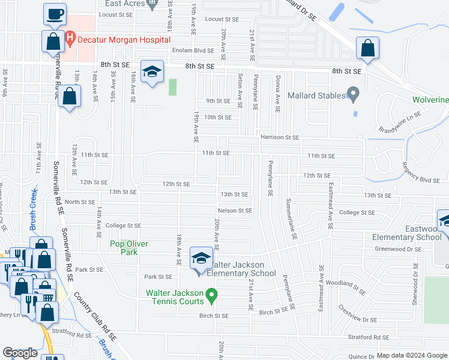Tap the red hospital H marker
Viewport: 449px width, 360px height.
coord(70,40)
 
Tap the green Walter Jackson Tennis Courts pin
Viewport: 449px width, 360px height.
coord(211,294)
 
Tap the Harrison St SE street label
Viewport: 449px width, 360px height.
coord(280,137)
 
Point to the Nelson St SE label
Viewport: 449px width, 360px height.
coord(235,211)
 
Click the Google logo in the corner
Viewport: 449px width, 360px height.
coord(20,353)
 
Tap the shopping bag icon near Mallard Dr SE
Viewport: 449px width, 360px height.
coord(367,49)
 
